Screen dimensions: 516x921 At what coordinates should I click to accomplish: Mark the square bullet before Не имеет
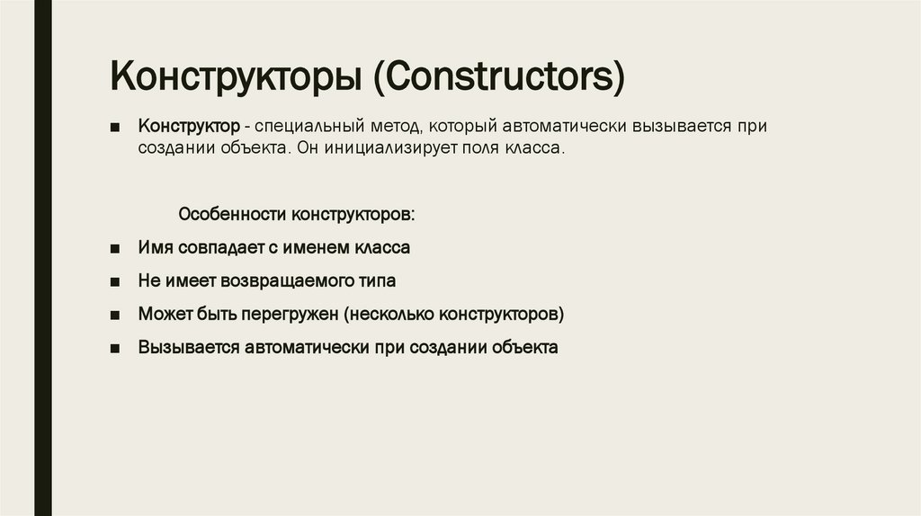tap(115, 281)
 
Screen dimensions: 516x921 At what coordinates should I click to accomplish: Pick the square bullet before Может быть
tap(115, 316)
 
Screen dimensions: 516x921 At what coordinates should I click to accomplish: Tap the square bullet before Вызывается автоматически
tap(115, 349)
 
